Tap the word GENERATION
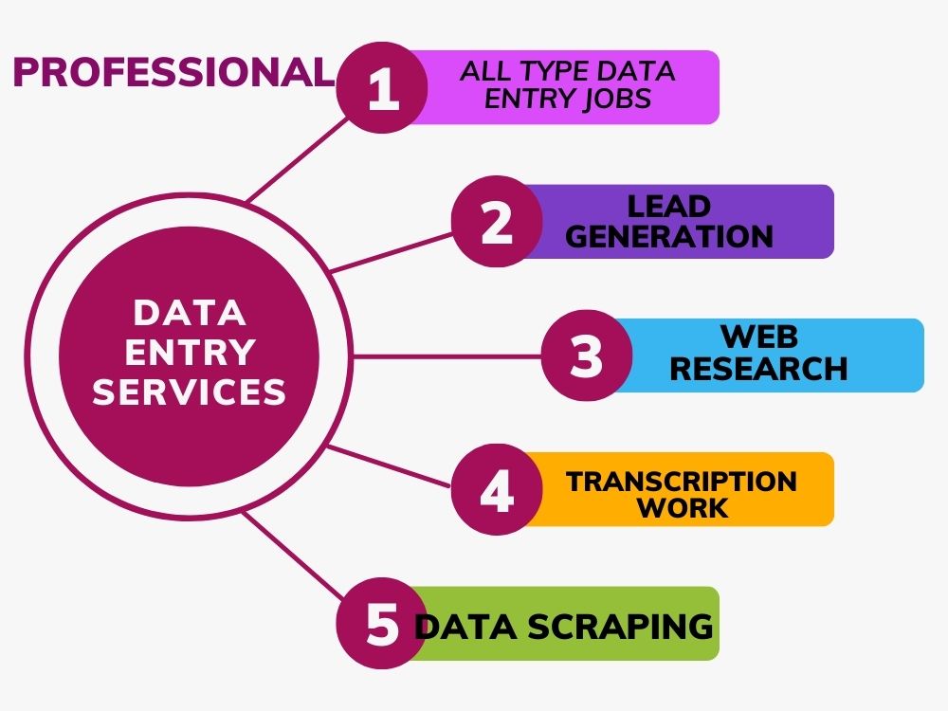[669, 236]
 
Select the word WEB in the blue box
[759, 337]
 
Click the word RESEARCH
[758, 369]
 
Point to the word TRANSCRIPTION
[682, 481]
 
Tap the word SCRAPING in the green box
[631, 626]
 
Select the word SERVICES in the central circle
[190, 392]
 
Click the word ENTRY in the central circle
[190, 352]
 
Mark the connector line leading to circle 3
[446, 356]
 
